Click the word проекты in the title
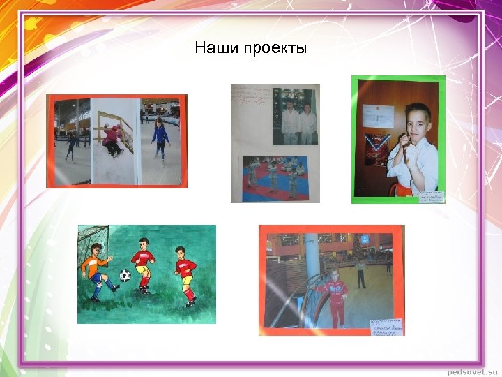point(274,49)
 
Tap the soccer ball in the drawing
point(125,275)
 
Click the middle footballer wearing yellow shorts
point(143,265)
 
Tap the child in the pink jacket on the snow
point(112,140)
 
